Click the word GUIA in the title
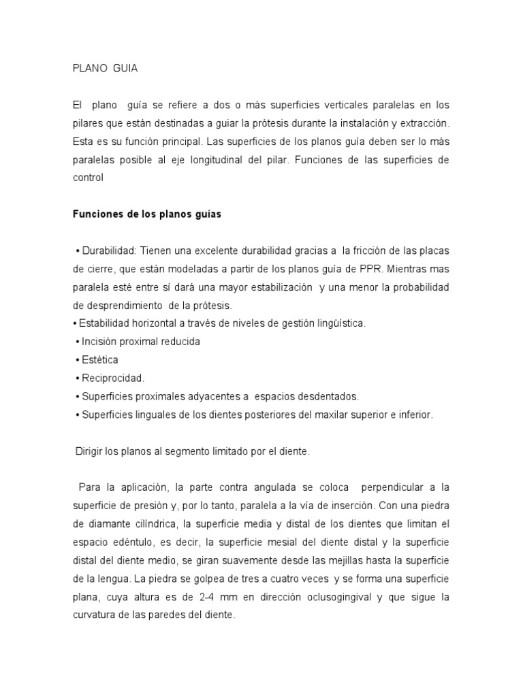point(127,68)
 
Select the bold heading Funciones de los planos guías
point(147,214)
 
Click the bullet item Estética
point(99,359)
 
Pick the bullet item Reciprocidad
point(112,378)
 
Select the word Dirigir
point(89,451)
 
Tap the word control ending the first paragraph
point(88,178)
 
